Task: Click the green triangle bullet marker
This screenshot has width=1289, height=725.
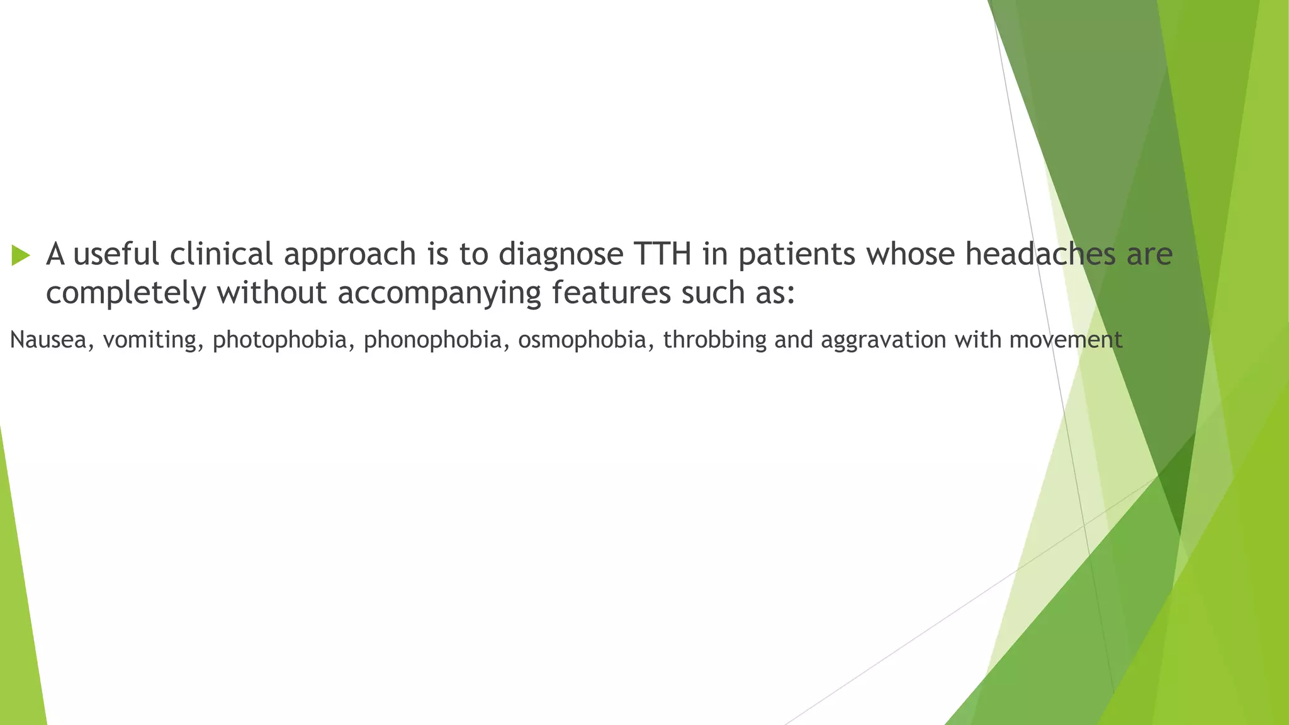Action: (21, 256)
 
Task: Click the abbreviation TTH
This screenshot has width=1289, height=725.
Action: (663, 254)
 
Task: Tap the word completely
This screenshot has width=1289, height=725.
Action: (126, 293)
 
